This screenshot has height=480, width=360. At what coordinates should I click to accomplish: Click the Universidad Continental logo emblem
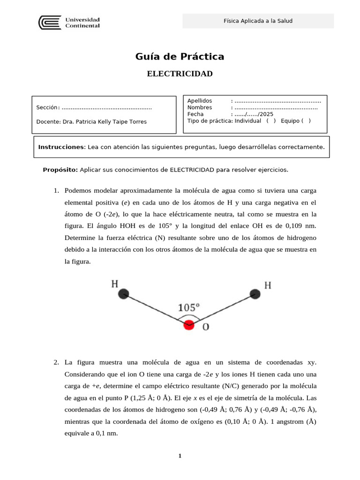coord(49,22)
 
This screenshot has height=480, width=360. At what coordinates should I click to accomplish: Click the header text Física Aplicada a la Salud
coord(258,21)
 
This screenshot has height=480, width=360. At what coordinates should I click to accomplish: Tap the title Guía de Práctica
coord(180,57)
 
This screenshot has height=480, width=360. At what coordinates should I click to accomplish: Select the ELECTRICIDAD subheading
coord(180,74)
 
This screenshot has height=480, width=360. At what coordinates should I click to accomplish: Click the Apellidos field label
coord(200,101)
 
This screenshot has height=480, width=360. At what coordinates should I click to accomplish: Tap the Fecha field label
coord(195,114)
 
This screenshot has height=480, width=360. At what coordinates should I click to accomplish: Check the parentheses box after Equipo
coord(306,120)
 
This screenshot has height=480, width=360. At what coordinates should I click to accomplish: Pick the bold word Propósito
coord(60,169)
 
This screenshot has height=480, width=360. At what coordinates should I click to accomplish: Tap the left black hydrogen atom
coord(123,294)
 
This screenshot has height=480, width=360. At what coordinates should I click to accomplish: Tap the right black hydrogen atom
coord(255,294)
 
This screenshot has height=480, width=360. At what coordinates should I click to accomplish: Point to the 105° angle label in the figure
coord(189,308)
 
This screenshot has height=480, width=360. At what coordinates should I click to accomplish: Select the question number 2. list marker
coord(56,362)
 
